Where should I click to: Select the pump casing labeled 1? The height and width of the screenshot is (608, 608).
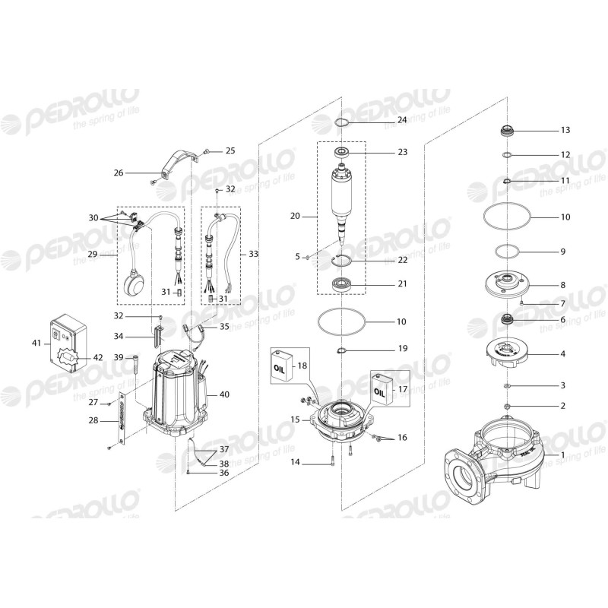(494, 456)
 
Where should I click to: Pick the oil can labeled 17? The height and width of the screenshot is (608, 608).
(382, 390)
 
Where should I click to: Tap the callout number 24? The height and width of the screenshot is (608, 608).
(401, 120)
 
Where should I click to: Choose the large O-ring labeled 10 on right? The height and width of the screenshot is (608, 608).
(507, 217)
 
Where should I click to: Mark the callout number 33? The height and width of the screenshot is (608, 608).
(254, 252)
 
